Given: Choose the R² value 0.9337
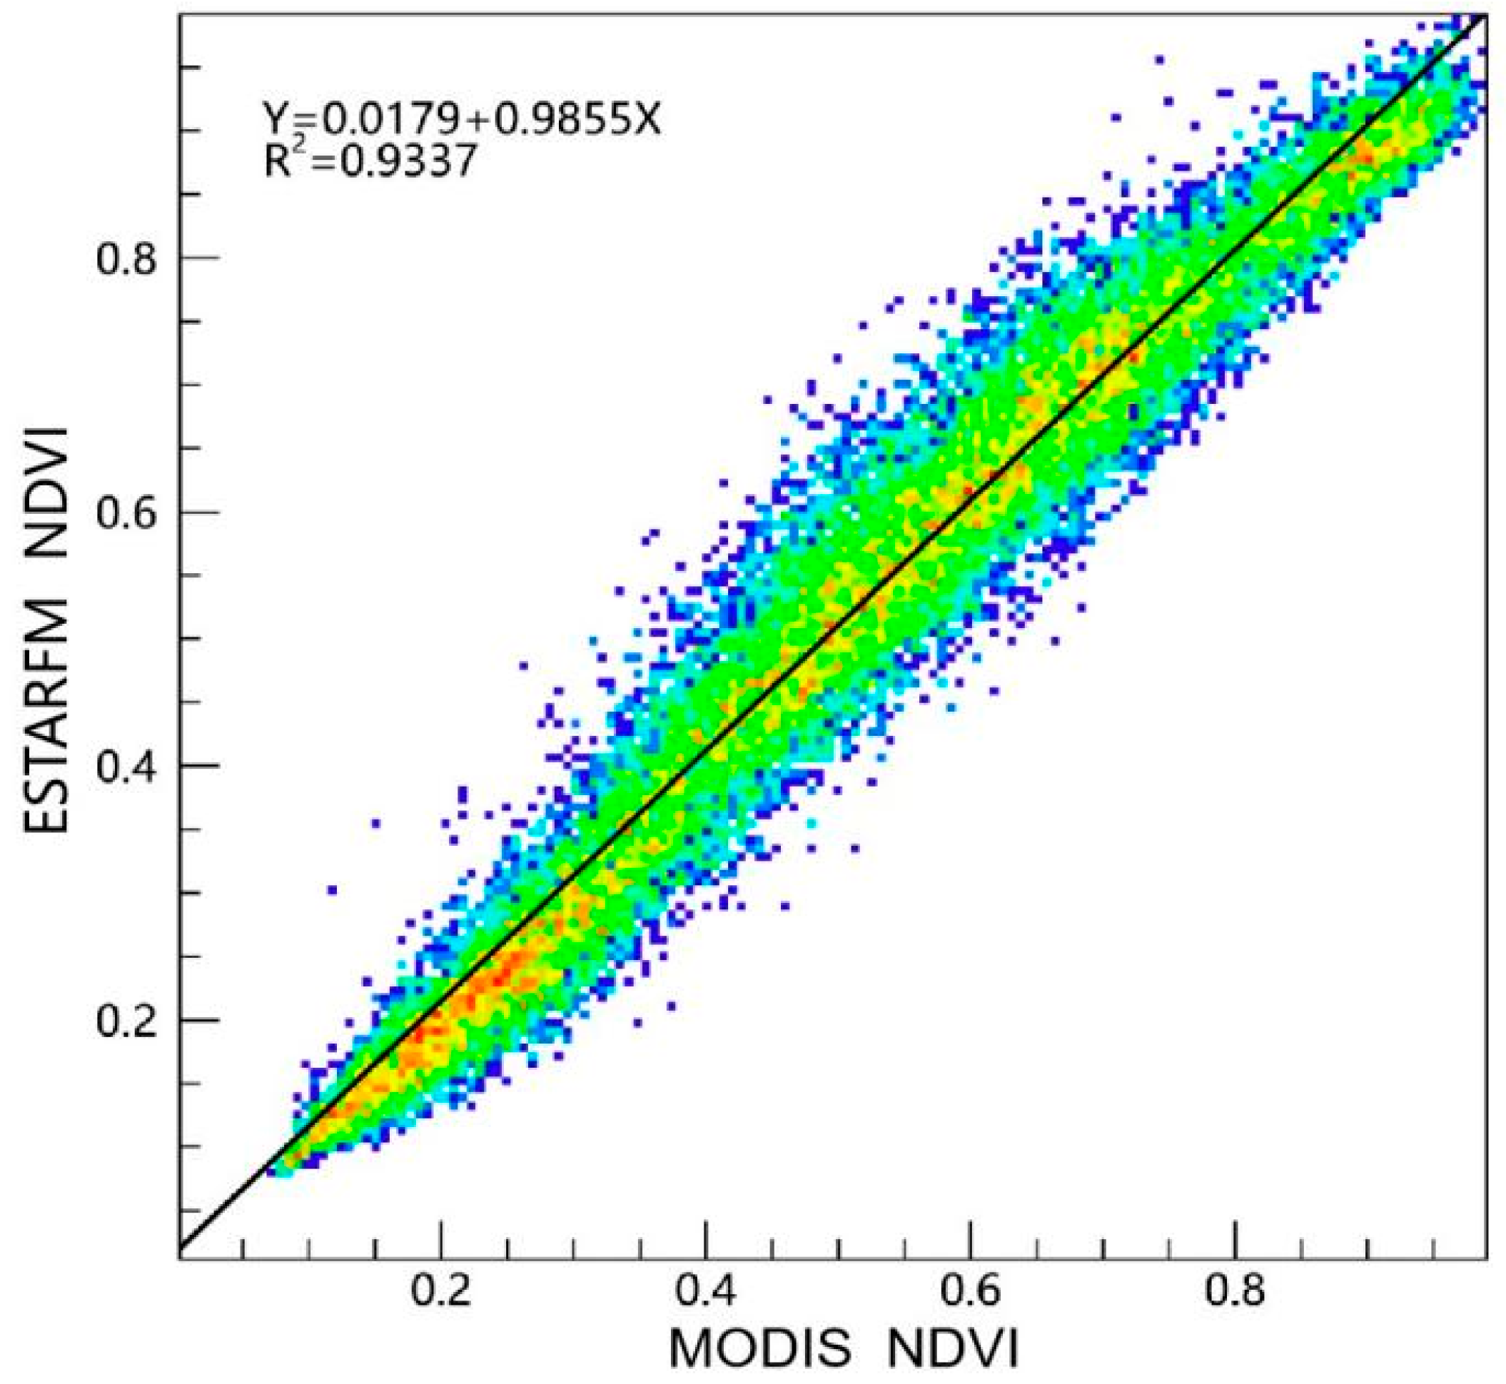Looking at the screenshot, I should pyautogui.click(x=409, y=161).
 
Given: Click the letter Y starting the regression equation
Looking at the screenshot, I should pyautogui.click(x=274, y=118).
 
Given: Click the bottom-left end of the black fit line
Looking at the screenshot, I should pyautogui.click(x=182, y=1247).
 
